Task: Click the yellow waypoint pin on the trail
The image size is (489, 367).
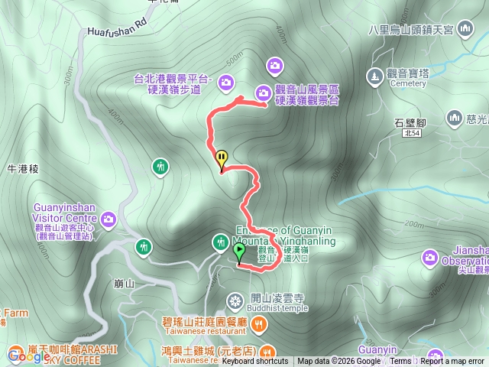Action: click(222, 159)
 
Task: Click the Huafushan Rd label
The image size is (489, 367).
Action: click(116, 28)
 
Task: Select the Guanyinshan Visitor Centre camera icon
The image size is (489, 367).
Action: click(108, 219)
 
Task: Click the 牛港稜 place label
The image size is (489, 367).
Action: click(22, 167)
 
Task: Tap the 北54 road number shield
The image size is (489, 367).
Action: click(412, 133)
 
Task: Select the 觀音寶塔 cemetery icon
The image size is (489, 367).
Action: click(374, 76)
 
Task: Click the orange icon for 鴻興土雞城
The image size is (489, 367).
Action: click(267, 351)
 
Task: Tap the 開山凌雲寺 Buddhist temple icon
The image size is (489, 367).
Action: click(235, 298)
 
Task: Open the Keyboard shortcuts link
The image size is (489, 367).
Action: click(256, 362)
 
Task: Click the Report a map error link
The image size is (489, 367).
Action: click(452, 362)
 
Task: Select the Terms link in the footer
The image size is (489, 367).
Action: click(400, 362)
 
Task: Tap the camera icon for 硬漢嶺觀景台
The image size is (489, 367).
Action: click(263, 93)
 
